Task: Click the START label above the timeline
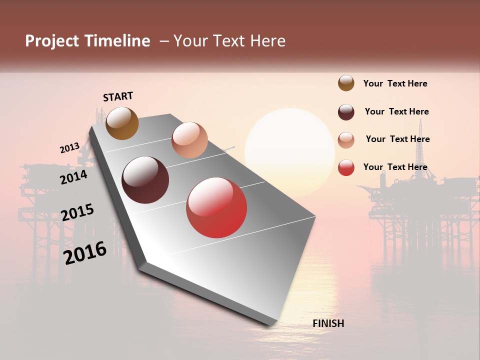118,96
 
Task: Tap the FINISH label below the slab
328,323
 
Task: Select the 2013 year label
69,148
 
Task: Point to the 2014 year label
73,177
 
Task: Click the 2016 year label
85,252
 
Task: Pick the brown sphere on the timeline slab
122,123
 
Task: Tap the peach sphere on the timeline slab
189,140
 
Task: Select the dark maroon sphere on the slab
145,180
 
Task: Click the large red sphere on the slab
216,207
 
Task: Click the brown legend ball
346,83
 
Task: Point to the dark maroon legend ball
346,112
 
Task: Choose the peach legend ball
346,139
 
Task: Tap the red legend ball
346,167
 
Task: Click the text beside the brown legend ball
395,84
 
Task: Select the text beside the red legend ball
395,167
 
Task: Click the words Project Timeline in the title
87,41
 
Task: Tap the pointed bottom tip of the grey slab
272,324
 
